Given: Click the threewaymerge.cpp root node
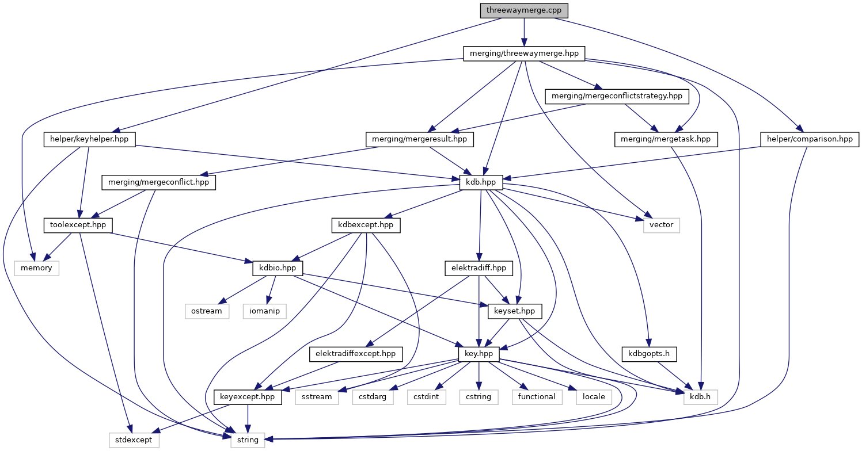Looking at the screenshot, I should [524, 10].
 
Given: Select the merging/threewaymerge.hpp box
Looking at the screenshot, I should [524, 53].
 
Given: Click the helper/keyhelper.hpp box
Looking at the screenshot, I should [89, 139].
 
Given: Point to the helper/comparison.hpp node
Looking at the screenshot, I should [810, 139].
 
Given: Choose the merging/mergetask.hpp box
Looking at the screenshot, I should [666, 139].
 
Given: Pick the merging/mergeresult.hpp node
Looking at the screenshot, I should [420, 139].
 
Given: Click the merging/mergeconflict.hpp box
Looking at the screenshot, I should [158, 182].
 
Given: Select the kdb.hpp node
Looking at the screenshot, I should [481, 182].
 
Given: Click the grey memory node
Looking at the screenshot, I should [37, 268].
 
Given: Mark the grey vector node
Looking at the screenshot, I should [661, 225].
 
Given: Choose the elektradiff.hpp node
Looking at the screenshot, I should [479, 268].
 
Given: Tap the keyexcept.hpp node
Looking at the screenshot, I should [248, 397].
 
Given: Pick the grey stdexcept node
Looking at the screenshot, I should [133, 440].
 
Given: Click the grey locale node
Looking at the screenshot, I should [594, 397].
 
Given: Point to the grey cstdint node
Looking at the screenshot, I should [426, 397].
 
